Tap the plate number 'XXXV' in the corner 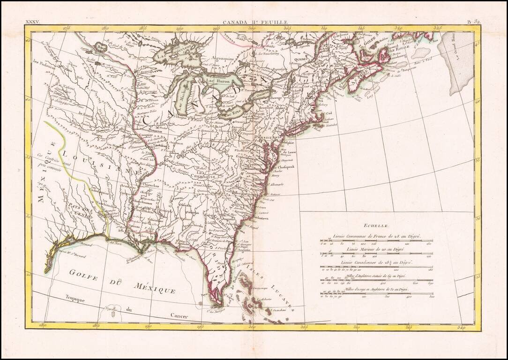32,22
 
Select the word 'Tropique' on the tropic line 75,300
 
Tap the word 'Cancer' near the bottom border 179,316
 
